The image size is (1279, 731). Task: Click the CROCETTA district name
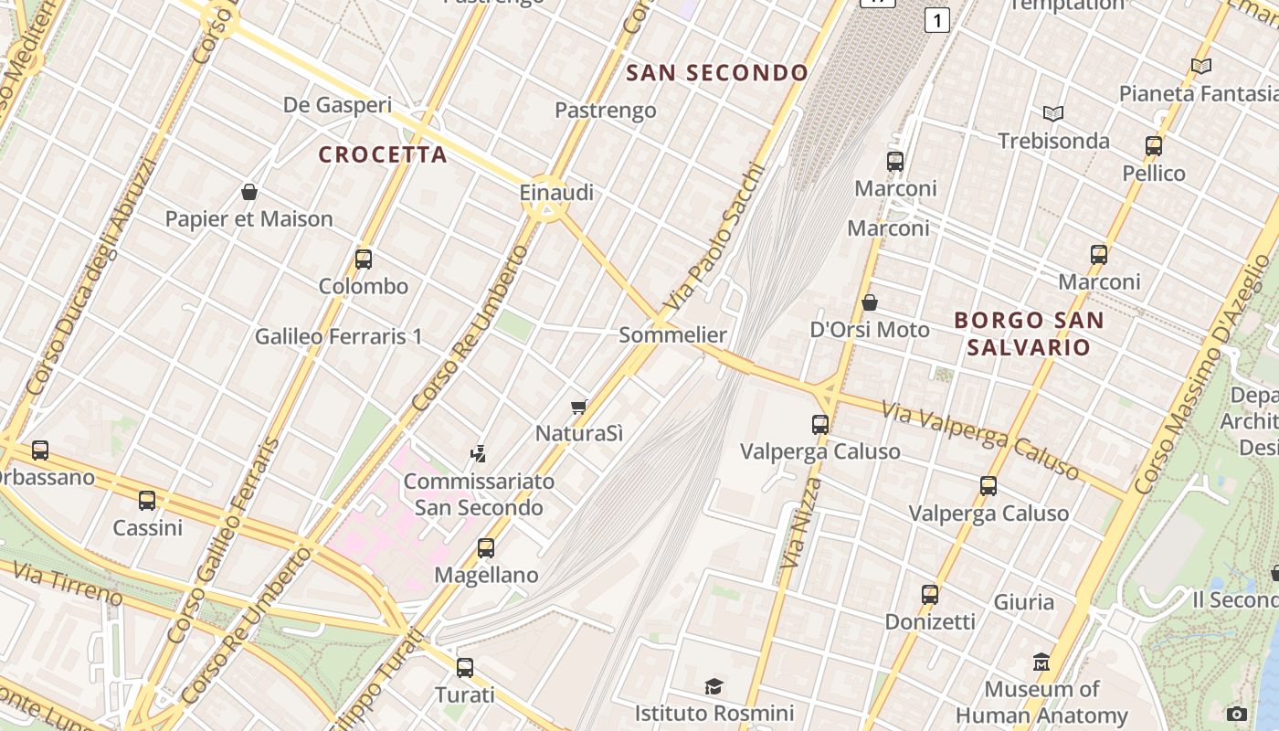point(383,154)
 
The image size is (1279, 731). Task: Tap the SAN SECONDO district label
point(718,73)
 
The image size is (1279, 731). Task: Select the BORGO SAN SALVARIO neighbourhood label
point(1029,334)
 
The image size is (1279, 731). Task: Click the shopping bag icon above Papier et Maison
point(248,192)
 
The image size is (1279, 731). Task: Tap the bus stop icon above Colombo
point(364,259)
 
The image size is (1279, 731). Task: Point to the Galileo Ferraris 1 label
point(338,336)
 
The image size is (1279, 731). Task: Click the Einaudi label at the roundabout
point(556,193)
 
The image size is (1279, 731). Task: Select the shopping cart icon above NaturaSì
point(578,407)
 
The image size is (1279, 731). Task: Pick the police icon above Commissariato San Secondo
point(477,453)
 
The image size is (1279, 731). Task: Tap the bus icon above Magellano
point(486,548)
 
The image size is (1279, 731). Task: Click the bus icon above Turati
point(465,667)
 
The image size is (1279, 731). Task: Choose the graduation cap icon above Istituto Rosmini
point(714,685)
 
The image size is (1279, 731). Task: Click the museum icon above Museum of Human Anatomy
point(1041,662)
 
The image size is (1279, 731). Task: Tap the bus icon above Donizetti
point(930,595)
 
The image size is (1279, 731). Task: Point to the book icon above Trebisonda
point(1053,113)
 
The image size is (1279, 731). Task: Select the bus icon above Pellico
point(1154,146)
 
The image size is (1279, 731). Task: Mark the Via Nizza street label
point(797,523)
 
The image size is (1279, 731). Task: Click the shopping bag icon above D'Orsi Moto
point(870,302)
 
